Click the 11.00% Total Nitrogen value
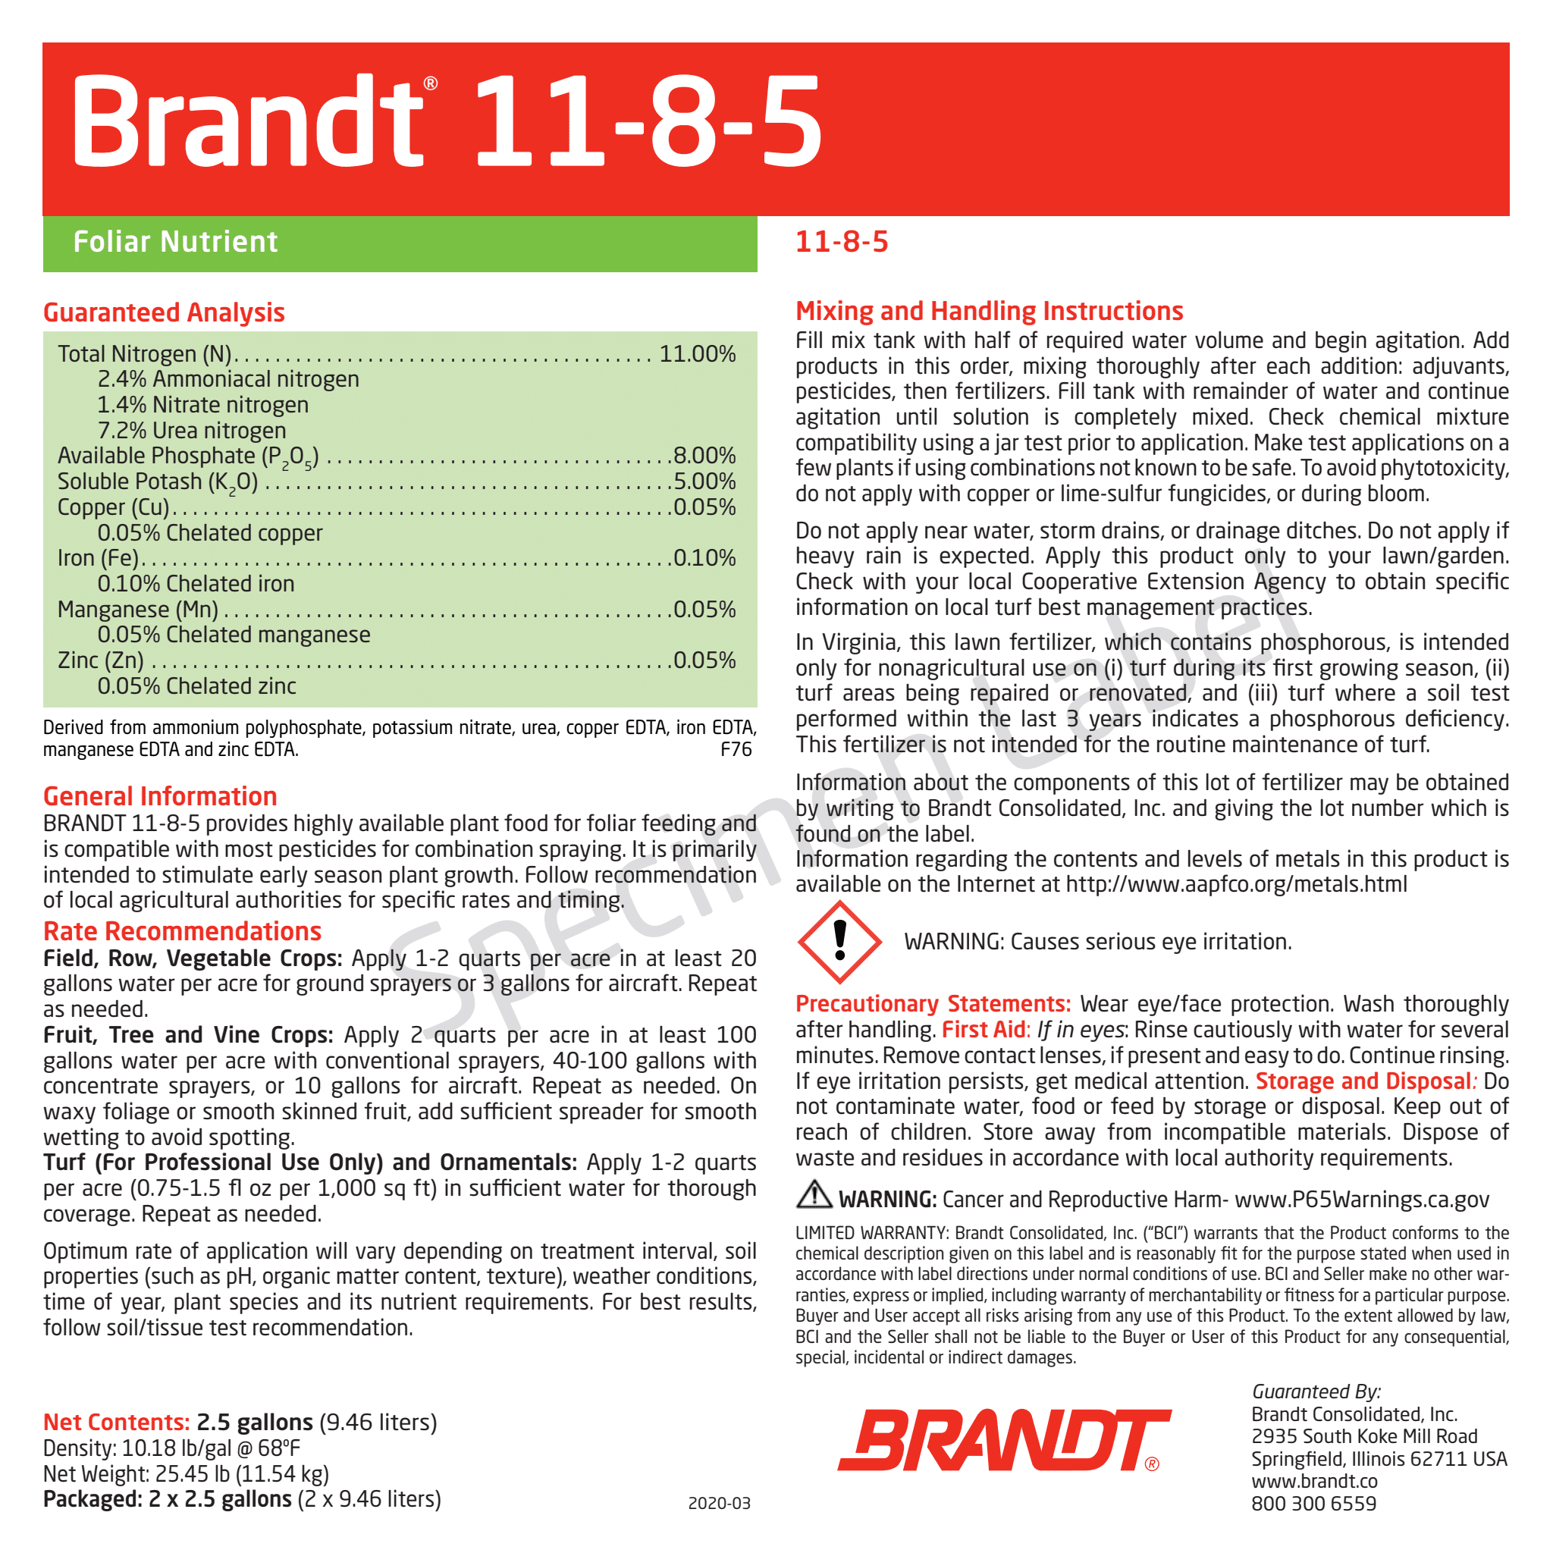[x=697, y=353]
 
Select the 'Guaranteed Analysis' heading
[x=164, y=312]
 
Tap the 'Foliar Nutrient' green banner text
[x=175, y=242]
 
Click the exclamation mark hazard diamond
[x=839, y=941]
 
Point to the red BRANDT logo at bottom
[x=1004, y=1441]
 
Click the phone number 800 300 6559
[x=1313, y=1503]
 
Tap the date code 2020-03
[x=719, y=1503]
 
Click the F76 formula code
[x=736, y=749]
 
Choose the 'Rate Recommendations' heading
[x=183, y=931]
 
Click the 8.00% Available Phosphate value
[x=704, y=456]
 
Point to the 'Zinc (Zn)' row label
[x=101, y=660]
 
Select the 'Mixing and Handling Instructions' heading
[x=989, y=311]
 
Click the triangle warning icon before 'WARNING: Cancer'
[x=814, y=1194]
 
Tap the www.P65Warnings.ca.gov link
[x=1362, y=1200]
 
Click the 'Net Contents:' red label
[x=117, y=1422]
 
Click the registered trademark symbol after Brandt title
[x=431, y=83]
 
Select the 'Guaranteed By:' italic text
[x=1316, y=1391]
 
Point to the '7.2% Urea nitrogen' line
[x=191, y=430]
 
